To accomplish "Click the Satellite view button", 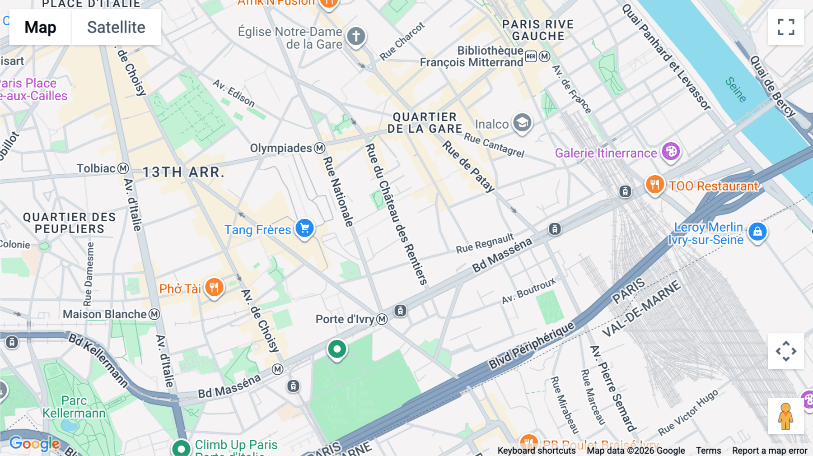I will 116,28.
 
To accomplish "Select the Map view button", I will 40,28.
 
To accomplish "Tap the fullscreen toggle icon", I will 786,27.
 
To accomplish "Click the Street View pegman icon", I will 785,416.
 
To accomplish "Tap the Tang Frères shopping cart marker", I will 305,228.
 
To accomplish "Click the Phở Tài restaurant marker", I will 214,287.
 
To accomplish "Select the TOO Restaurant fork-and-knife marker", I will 654,185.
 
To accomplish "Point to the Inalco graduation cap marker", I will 522,123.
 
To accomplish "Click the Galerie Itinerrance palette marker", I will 671,152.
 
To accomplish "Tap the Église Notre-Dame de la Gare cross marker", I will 356,36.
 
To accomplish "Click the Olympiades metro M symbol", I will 320,148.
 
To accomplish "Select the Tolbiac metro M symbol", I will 123,168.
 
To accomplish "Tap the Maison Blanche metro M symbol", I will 154,314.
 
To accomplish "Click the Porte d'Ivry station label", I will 345,319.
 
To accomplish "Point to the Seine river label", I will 736,89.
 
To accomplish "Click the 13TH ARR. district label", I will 183,172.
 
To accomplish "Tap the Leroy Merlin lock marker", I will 757,232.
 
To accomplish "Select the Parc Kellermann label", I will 74,407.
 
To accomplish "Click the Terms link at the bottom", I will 708,451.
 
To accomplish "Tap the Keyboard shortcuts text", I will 536,451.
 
